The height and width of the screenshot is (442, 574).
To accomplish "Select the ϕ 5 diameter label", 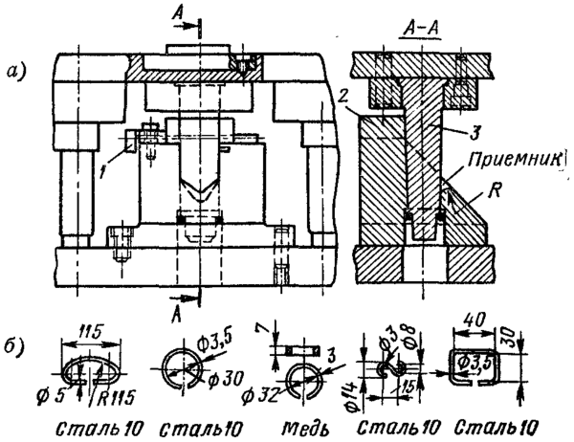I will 49,392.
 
